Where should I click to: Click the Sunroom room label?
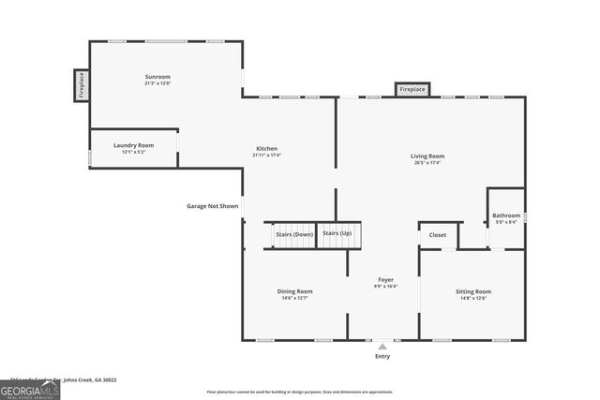[157, 76]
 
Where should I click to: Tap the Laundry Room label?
[133, 145]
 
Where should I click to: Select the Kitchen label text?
[267, 148]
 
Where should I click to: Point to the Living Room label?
[427, 156]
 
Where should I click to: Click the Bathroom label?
[506, 215]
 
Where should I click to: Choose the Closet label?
[438, 235]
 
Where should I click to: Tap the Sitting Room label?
[472, 291]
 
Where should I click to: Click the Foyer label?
[385, 279]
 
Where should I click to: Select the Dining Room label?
[294, 291]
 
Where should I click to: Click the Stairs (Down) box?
[293, 234]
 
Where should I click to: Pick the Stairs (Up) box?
[337, 233]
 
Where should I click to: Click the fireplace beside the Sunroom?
[81, 83]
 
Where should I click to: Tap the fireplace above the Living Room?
[412, 90]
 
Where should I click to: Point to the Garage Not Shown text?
[212, 205]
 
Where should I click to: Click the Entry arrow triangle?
[382, 346]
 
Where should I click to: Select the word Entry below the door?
[382, 356]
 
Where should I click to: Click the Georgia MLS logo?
[30, 389]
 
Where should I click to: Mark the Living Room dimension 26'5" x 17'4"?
[427, 163]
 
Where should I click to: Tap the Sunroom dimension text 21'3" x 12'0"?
[157, 83]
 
